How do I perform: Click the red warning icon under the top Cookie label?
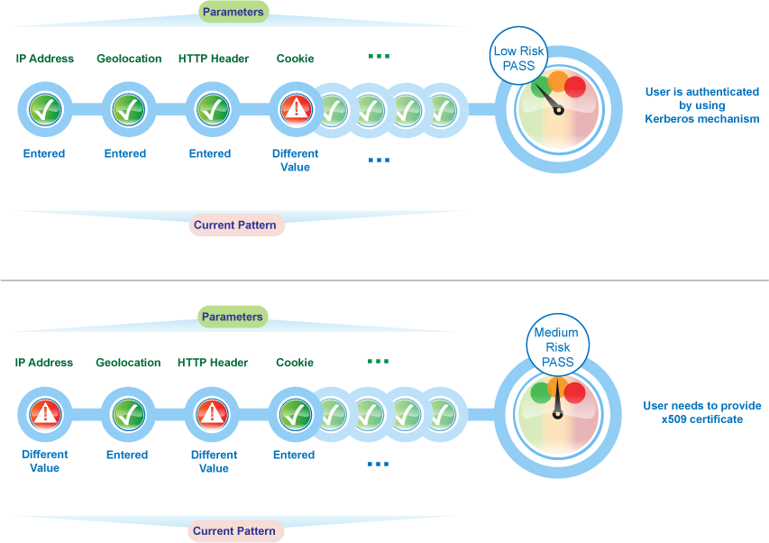296,110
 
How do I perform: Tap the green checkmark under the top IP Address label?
44,110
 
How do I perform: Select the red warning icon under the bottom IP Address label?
44,414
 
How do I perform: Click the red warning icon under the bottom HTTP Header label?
211,414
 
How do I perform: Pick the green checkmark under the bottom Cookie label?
295,414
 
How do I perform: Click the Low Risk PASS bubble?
518,59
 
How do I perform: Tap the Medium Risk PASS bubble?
557,347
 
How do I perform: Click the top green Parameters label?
233,13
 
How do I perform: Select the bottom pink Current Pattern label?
234,531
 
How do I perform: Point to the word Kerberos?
673,119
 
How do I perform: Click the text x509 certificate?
701,419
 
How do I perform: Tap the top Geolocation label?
129,59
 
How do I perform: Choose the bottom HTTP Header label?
213,363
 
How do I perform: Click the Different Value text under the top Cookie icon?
295,161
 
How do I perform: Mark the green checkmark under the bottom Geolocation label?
127,414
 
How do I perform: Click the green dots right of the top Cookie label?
379,57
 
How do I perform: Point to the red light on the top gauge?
574,87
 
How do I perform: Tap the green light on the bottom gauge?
541,391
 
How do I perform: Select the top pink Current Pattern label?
236,225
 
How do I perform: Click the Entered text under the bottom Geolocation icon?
127,455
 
